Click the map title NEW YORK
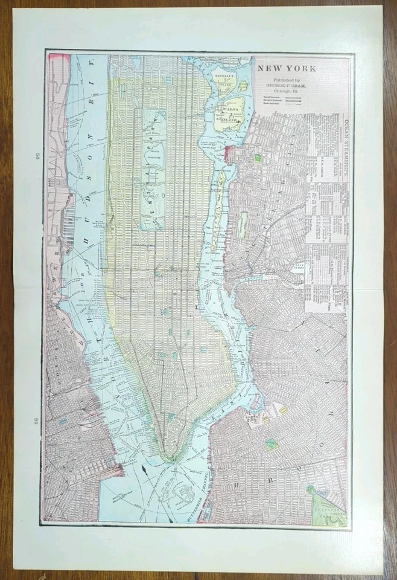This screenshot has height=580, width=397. tap(287, 68)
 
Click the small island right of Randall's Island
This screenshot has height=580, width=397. tap(243, 86)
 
